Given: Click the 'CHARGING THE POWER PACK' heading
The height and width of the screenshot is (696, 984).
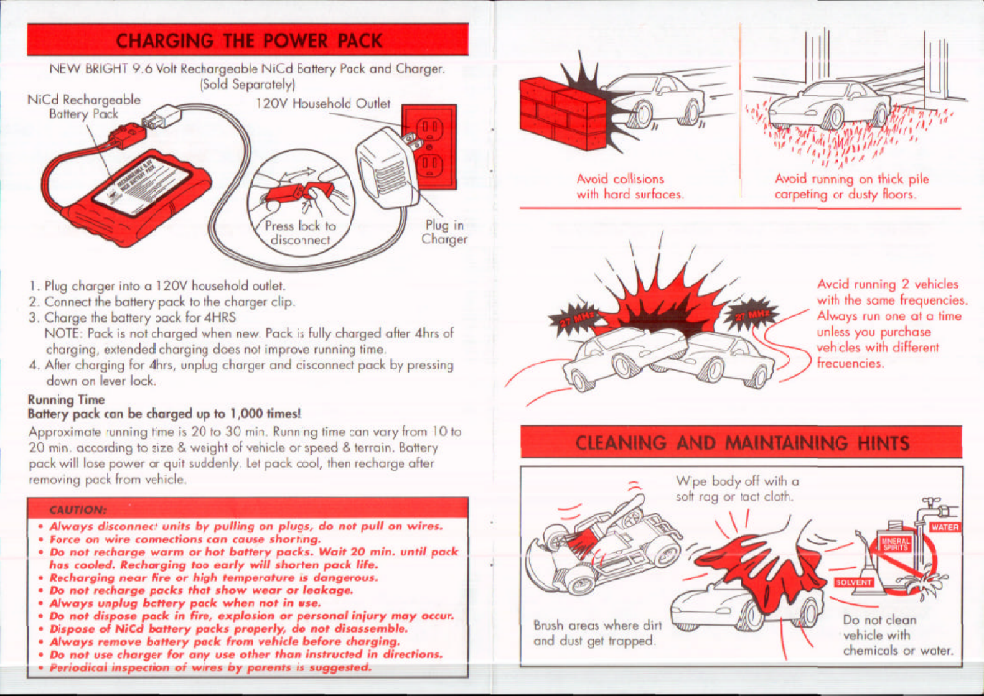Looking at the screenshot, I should click(248, 40).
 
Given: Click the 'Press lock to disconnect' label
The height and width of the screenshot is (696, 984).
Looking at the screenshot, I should click(300, 233).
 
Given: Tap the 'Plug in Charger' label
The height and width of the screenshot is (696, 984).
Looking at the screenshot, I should click(444, 232).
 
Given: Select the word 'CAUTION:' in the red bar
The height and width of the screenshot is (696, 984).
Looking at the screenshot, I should click(78, 510).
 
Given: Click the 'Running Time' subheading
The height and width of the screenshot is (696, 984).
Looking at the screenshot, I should click(66, 399).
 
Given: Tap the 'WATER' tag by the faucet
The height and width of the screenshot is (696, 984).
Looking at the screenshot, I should click(944, 527).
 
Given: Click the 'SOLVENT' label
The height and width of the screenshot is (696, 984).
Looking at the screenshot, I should click(853, 582).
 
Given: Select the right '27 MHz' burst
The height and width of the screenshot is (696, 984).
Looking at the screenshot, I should click(753, 313).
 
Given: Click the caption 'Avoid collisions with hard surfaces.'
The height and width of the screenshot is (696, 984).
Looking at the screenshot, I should click(629, 187).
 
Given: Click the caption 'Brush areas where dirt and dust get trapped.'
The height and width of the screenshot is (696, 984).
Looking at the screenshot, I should click(597, 633).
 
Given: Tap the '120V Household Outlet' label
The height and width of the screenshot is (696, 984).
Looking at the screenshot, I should click(323, 103).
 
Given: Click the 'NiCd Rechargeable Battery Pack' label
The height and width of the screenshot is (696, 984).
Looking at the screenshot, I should click(84, 106).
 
